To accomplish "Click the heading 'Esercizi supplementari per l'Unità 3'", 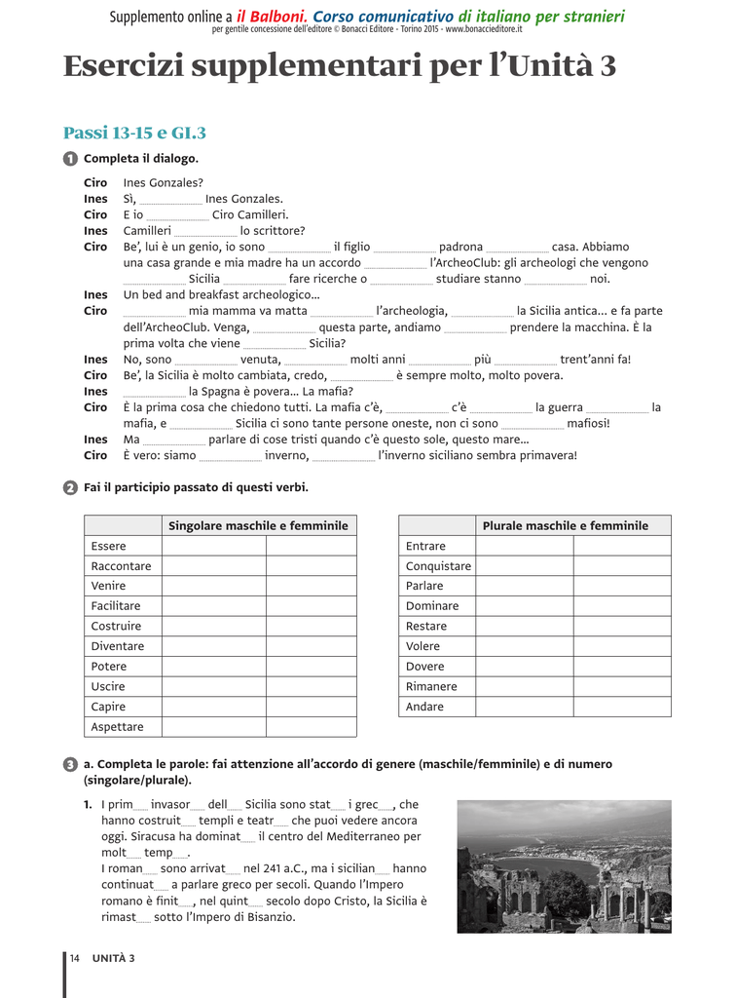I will [339, 66].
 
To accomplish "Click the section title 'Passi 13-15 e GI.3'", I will [134, 133].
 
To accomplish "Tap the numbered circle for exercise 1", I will [70, 159].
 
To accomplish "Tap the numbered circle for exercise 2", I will [70, 487].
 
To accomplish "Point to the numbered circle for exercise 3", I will [70, 765].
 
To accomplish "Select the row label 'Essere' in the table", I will [109, 546].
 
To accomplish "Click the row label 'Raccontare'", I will [122, 566].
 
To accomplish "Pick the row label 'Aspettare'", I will [118, 727].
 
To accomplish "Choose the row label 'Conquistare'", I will [438, 566].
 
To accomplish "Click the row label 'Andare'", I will [425, 707].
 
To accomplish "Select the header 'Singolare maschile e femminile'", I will [258, 526].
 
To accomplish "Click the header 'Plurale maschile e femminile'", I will [565, 526].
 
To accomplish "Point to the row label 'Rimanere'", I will [431, 686].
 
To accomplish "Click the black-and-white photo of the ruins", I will [564, 866].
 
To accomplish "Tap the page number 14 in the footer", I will [74, 958].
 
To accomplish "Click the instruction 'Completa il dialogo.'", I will [141, 159].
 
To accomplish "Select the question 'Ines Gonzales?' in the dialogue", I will [164, 183].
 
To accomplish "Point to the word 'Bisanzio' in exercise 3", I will [270, 917].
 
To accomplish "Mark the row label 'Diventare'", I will [118, 646].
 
